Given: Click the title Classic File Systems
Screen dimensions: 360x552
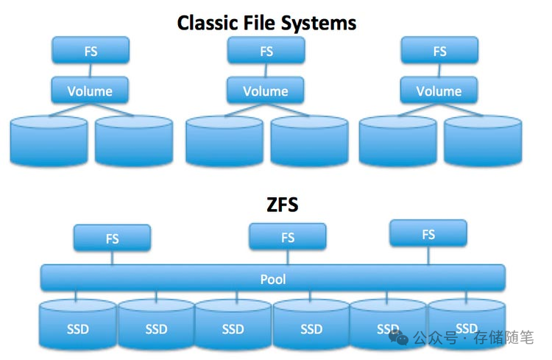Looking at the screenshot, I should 266,23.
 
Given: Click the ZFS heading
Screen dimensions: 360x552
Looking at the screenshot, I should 282,205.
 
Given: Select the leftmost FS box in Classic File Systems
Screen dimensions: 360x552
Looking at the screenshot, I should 91,52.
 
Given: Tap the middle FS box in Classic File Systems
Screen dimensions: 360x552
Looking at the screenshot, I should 266,52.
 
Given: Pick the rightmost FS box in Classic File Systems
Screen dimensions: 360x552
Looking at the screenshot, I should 439,52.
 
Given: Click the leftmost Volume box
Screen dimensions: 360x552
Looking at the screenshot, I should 91,91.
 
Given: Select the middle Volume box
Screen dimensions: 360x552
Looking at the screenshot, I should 266,91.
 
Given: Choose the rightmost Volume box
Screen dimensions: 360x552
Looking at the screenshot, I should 439,91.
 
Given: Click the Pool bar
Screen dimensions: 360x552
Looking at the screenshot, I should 273,279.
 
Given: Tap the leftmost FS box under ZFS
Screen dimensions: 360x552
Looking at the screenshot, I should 112,239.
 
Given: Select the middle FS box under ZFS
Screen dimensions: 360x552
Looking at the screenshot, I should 287,237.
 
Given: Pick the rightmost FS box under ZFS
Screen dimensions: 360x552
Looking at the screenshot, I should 428,234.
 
